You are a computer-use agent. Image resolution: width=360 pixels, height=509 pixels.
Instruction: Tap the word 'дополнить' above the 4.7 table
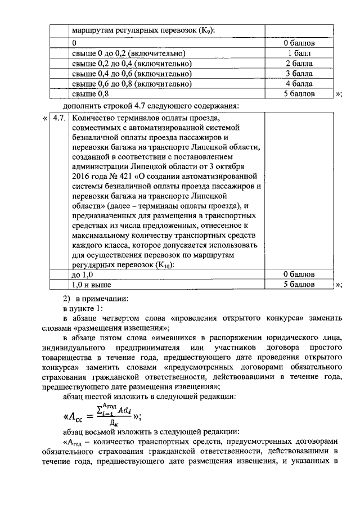pos(82,106)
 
